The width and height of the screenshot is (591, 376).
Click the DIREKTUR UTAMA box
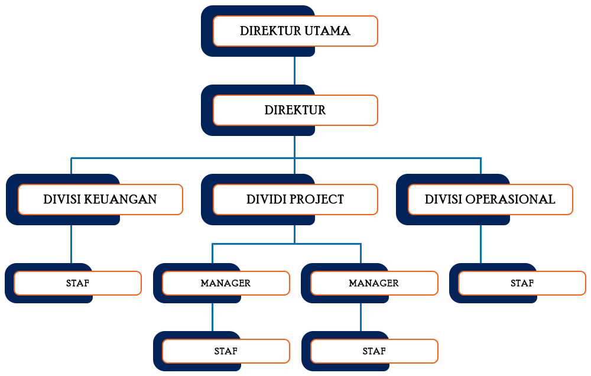click(x=295, y=31)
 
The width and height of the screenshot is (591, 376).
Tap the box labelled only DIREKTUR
click(x=295, y=110)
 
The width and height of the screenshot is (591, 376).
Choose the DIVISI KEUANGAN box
click(x=100, y=199)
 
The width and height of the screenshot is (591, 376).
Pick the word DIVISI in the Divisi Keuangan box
click(x=61, y=199)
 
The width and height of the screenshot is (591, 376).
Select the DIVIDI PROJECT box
click(x=295, y=199)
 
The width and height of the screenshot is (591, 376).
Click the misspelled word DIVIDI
click(x=267, y=199)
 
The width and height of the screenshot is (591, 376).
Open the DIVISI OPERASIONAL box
click(x=490, y=199)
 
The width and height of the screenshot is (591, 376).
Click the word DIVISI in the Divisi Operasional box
click(x=443, y=199)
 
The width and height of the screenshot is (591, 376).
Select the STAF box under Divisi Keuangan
click(x=77, y=283)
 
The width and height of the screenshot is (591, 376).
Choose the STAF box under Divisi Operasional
click(x=522, y=283)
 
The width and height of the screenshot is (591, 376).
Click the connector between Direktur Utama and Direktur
click(x=294, y=70)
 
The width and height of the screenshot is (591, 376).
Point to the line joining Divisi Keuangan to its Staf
click(x=71, y=244)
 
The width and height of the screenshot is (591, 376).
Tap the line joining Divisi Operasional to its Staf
click(x=480, y=244)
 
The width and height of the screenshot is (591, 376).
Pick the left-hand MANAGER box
click(x=226, y=283)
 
